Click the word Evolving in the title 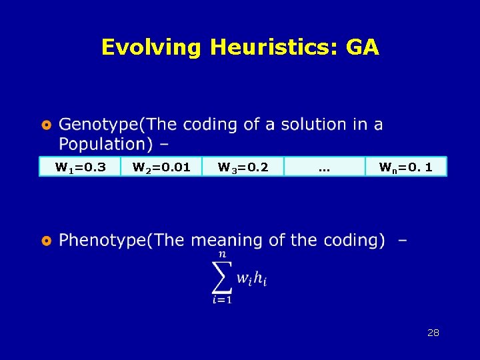click(152, 47)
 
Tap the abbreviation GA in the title click(363, 47)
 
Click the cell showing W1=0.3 click(79, 167)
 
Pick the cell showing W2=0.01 click(161, 167)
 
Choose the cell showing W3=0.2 click(243, 167)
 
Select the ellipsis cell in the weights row click(324, 167)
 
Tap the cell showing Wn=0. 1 click(405, 167)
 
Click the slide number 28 click(433, 333)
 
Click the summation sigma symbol click(221, 277)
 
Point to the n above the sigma click(221, 254)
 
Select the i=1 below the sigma click(222, 301)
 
